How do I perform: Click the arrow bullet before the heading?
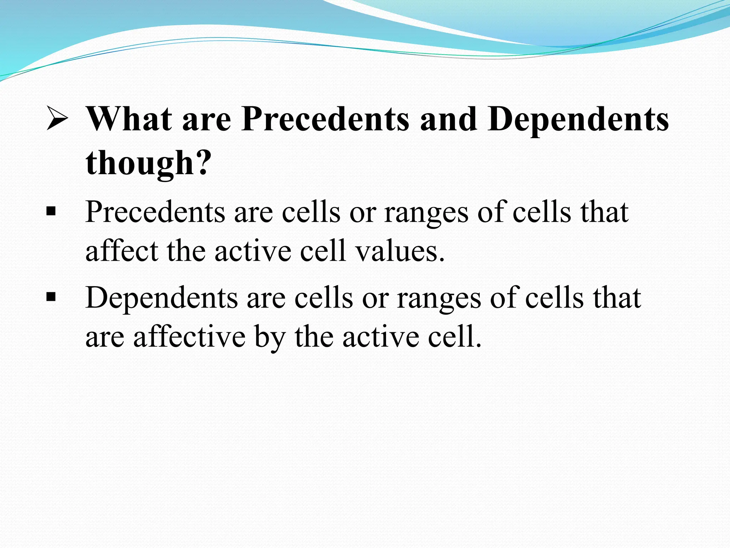point(57,120)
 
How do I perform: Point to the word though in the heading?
point(139,163)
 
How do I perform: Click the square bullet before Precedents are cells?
point(51,212)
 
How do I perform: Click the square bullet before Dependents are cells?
point(51,297)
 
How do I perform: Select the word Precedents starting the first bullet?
point(155,212)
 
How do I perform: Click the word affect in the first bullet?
point(122,251)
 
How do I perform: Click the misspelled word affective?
point(189,336)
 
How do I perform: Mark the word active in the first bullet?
point(253,251)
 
